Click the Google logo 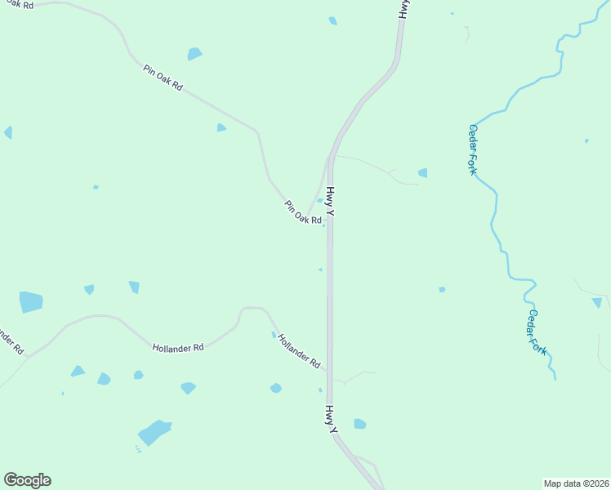coord(27,480)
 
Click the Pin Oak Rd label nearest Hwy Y coord(302,214)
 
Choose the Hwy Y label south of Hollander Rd coord(332,417)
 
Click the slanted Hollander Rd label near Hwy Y coord(298,351)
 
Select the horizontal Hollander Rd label coord(177,347)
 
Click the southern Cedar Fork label coord(537,331)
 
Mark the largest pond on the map coord(154,432)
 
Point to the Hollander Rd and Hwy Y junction coord(329,372)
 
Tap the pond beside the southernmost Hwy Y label coord(359,424)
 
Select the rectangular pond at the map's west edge coord(31,301)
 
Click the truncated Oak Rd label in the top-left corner coord(18,5)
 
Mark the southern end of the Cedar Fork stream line coord(555,378)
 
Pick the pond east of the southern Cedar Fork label coord(597,302)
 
